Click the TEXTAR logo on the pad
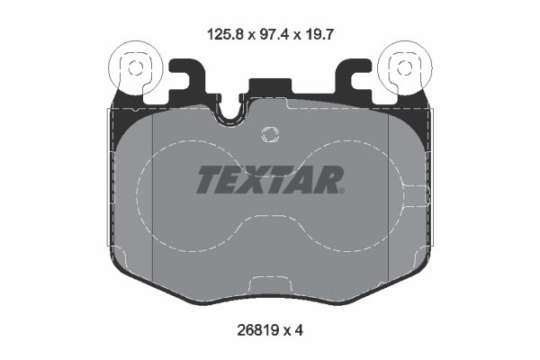click(269, 180)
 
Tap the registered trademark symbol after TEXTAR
click(341, 190)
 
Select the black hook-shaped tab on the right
click(353, 78)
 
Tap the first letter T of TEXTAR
click(208, 180)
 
